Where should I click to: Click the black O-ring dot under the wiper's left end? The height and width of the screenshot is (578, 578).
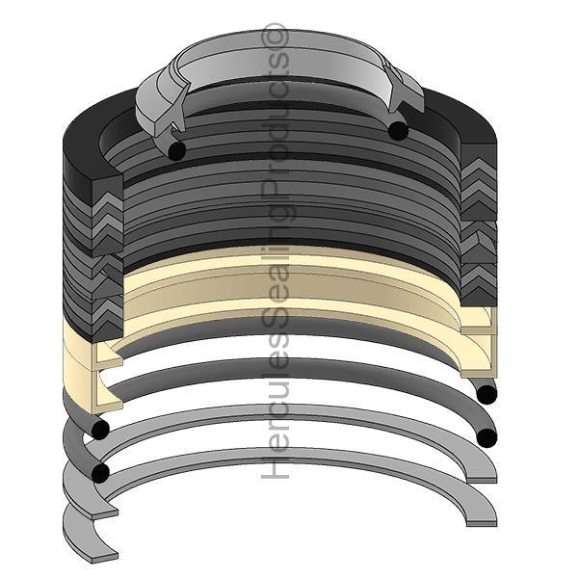coord(175,150)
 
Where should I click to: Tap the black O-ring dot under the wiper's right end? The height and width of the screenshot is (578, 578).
coord(397,130)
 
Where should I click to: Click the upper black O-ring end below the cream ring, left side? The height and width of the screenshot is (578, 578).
coord(98,429)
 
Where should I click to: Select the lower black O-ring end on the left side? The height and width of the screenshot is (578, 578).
coord(98,472)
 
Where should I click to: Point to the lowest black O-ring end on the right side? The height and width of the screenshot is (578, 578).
coord(486,438)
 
